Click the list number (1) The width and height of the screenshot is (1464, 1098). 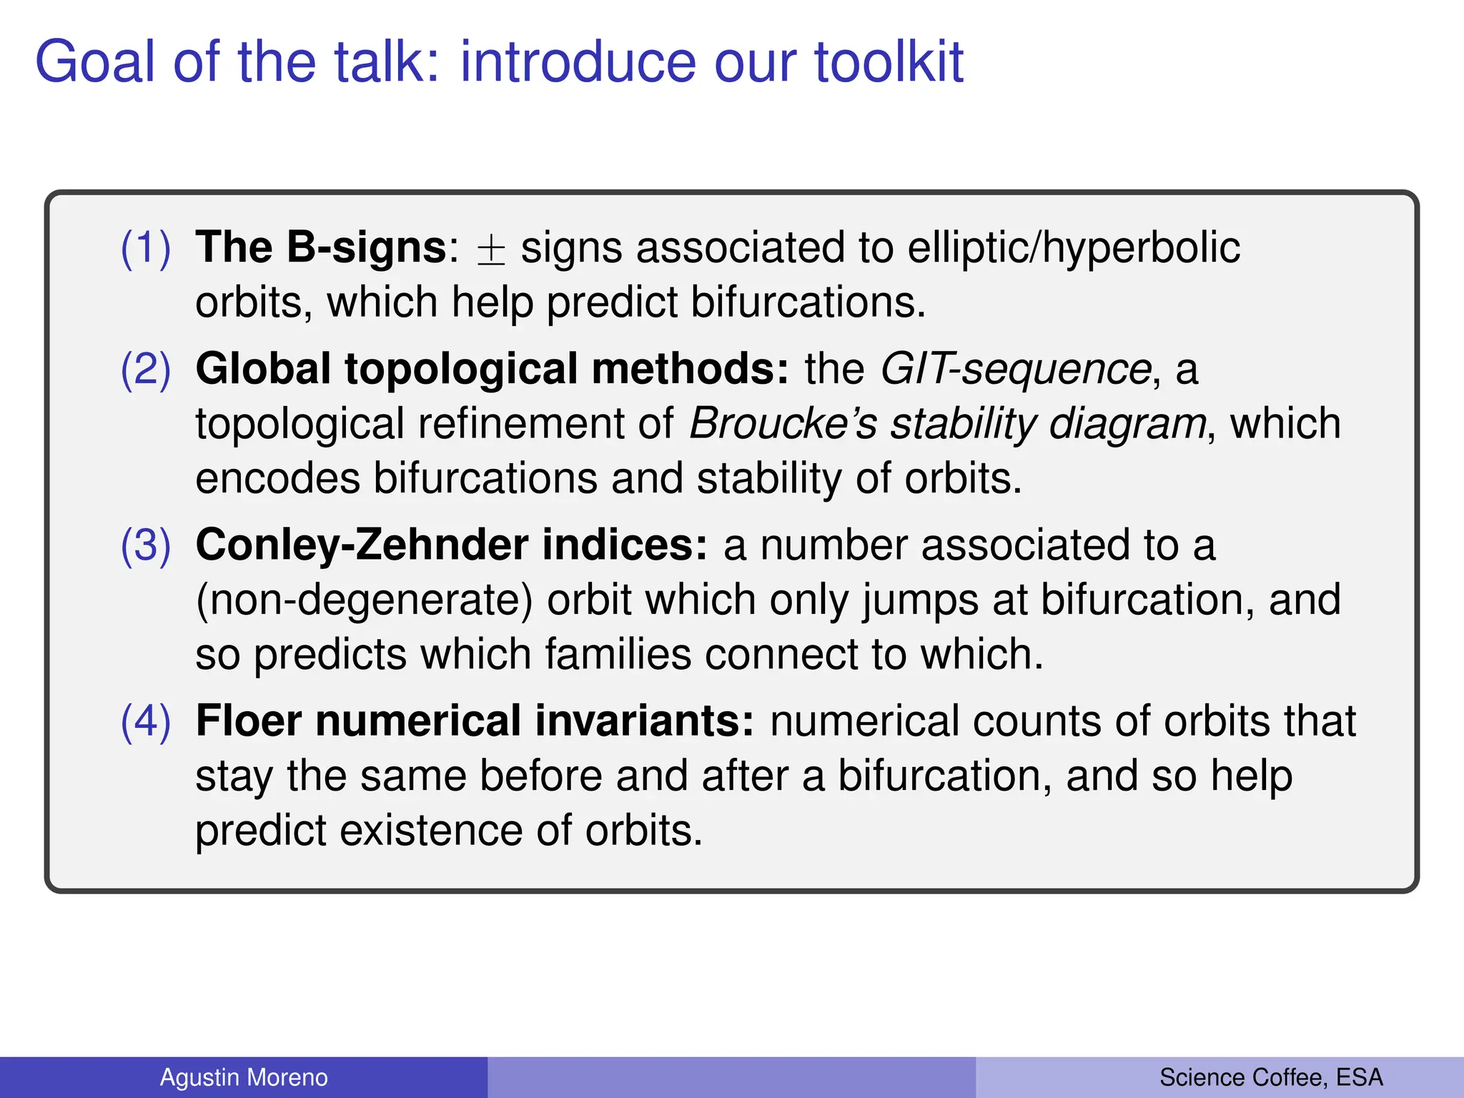tap(146, 248)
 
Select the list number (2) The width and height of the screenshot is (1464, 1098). tap(146, 370)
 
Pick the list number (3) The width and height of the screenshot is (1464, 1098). tap(146, 545)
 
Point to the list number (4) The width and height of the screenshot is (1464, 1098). tap(146, 721)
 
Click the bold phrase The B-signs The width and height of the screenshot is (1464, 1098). tap(321, 248)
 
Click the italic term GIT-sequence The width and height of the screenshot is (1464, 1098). tap(1015, 370)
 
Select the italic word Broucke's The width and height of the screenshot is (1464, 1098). tap(783, 423)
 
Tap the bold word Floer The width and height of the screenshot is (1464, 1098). tap(249, 721)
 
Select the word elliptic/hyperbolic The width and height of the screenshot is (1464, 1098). tap(1073, 248)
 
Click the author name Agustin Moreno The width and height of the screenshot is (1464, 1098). tap(244, 1077)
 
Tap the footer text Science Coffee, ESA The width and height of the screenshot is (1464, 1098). tap(1271, 1077)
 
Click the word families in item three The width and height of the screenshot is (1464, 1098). tap(618, 654)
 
